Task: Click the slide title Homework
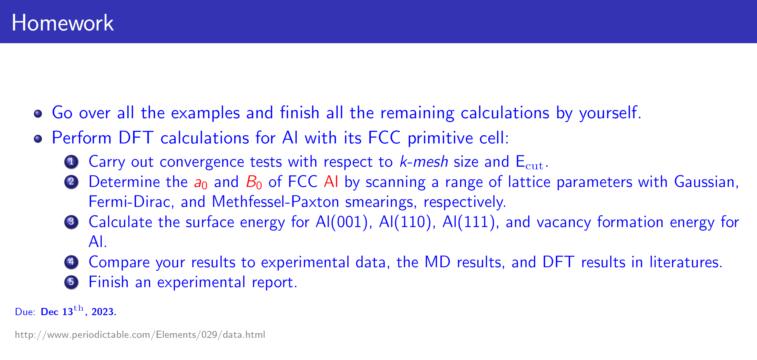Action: pyautogui.click(x=63, y=23)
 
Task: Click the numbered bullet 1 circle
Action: pyautogui.click(x=71, y=162)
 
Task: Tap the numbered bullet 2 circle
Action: pyautogui.click(x=71, y=182)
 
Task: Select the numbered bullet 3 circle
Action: pyautogui.click(x=71, y=222)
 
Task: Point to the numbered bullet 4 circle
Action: pyautogui.click(x=71, y=262)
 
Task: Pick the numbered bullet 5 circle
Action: pyautogui.click(x=71, y=282)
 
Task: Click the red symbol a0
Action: pyautogui.click(x=201, y=183)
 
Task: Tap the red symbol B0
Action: pyautogui.click(x=254, y=182)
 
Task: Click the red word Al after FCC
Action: pyautogui.click(x=331, y=181)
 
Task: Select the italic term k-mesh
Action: pyautogui.click(x=424, y=162)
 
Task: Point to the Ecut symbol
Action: pyautogui.click(x=530, y=163)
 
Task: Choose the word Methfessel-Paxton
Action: pyautogui.click(x=275, y=202)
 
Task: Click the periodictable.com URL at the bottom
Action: pyautogui.click(x=140, y=335)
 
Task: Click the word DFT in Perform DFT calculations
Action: pyautogui.click(x=136, y=138)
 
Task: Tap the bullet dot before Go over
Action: pyautogui.click(x=38, y=114)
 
